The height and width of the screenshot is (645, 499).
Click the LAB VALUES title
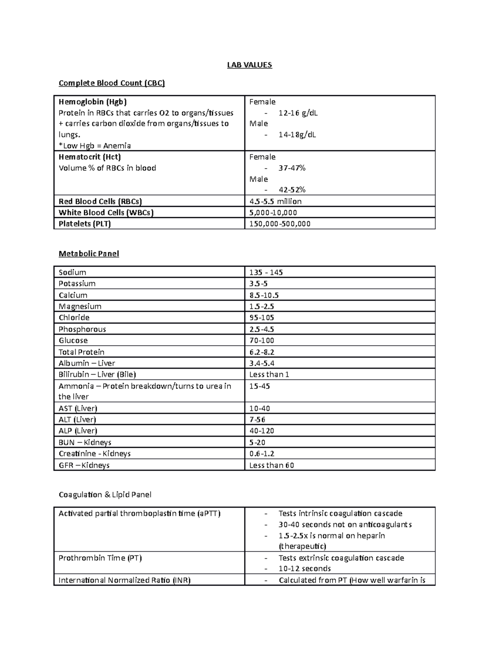click(x=249, y=65)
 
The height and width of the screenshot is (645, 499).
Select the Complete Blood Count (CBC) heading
click(x=111, y=83)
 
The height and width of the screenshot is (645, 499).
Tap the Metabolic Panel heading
click(x=89, y=254)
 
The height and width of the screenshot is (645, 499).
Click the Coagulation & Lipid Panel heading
click(x=105, y=495)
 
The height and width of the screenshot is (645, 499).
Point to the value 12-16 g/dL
click(x=298, y=113)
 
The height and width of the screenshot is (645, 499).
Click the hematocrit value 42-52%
click(x=291, y=190)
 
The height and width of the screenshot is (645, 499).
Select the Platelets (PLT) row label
click(x=85, y=224)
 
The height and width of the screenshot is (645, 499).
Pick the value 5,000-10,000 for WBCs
click(x=273, y=213)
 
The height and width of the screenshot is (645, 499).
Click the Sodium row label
click(x=72, y=272)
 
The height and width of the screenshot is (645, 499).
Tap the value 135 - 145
click(x=266, y=272)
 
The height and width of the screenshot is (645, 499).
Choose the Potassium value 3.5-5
click(x=258, y=284)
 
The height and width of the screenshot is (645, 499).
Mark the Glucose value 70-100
click(x=262, y=341)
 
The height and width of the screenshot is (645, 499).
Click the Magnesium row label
click(x=80, y=307)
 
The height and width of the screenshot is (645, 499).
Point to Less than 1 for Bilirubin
click(x=269, y=375)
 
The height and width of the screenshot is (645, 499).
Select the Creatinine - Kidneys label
click(x=94, y=454)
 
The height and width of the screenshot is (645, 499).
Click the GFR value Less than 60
click(x=271, y=466)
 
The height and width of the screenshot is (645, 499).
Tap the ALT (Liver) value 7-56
click(x=257, y=420)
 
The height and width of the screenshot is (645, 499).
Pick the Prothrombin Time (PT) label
click(x=100, y=558)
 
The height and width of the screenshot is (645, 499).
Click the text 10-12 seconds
click(x=304, y=569)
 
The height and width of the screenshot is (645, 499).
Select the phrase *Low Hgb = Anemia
click(x=95, y=146)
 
